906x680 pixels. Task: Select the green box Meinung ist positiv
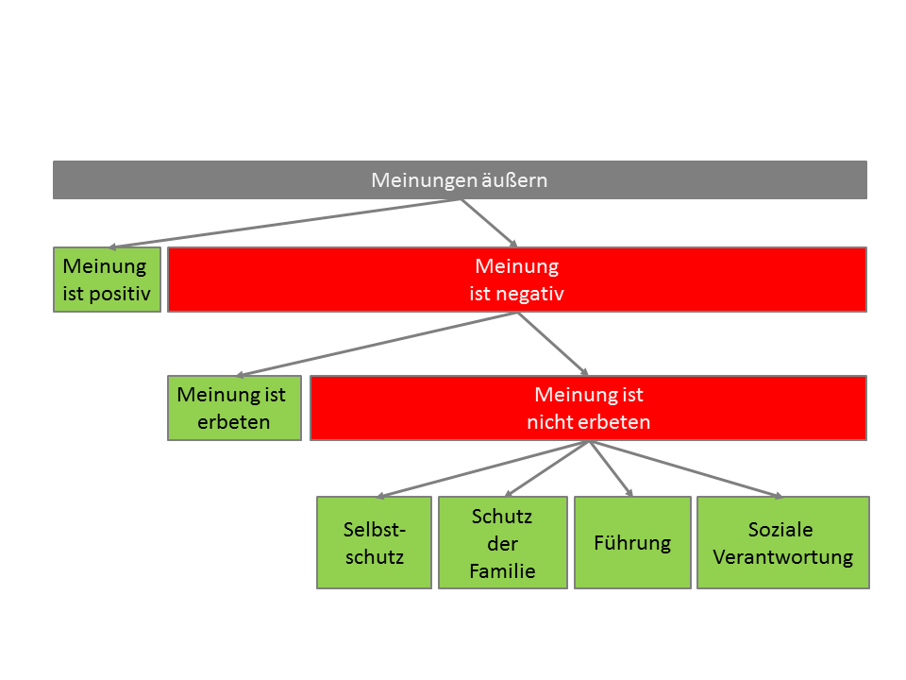pyautogui.click(x=107, y=280)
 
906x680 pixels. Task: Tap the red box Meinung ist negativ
pyautogui.click(x=516, y=280)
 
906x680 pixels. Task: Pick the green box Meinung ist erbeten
pyautogui.click(x=234, y=408)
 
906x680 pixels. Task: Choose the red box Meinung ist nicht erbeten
pyautogui.click(x=588, y=408)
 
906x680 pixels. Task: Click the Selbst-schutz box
pyautogui.click(x=374, y=543)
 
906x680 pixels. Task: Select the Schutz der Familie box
pyautogui.click(x=502, y=543)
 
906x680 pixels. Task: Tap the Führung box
pyautogui.click(x=632, y=543)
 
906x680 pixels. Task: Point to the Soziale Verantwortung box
pyautogui.click(x=782, y=543)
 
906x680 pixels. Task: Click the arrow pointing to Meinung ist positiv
pyautogui.click(x=283, y=224)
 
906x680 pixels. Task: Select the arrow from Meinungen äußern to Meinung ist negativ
pyautogui.click(x=489, y=223)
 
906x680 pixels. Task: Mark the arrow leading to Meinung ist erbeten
pyautogui.click(x=377, y=345)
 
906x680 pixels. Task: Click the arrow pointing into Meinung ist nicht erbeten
pyautogui.click(x=553, y=344)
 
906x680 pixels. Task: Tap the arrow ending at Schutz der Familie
pyautogui.click(x=547, y=469)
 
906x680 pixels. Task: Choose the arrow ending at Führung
pyautogui.click(x=610, y=468)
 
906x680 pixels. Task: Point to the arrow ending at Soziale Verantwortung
pyautogui.click(x=686, y=469)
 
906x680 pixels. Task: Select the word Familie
pyautogui.click(x=502, y=571)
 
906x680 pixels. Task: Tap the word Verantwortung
pyautogui.click(x=782, y=556)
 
